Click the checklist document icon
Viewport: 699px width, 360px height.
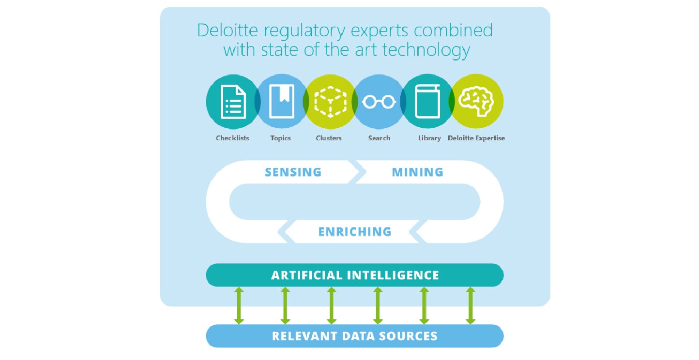point(233,102)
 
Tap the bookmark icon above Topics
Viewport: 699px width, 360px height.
point(282,102)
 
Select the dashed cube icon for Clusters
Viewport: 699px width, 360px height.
point(330,102)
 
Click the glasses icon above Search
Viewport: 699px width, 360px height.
point(379,102)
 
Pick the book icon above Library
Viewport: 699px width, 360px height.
point(427,102)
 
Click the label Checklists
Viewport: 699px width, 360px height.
point(232,138)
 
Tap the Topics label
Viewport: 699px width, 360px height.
point(280,138)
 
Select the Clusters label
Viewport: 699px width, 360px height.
point(329,138)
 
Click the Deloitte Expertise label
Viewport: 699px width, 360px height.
point(476,138)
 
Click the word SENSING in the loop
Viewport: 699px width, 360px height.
point(293,172)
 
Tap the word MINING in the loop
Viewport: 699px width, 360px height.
point(418,172)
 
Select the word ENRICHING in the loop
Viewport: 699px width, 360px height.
point(355,232)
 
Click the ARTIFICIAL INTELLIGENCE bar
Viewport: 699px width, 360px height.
point(355,275)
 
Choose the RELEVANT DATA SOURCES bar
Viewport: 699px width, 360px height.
point(355,336)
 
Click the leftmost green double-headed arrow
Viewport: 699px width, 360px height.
point(239,306)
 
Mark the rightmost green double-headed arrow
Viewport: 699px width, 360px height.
point(471,306)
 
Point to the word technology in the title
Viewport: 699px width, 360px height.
point(426,50)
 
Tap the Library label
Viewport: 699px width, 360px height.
point(429,138)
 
